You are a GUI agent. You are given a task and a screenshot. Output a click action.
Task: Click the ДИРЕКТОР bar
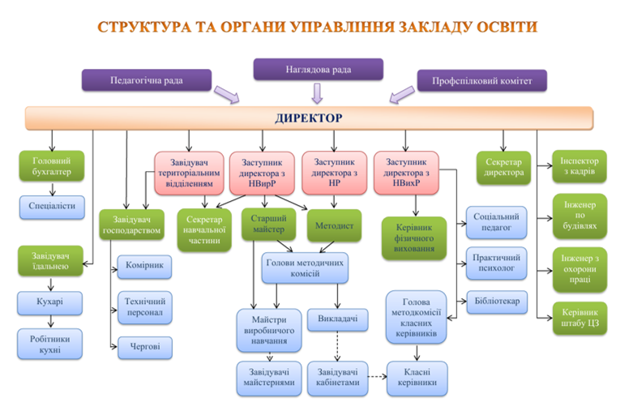(x=308, y=118)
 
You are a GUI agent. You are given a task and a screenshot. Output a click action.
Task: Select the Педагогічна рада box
(x=147, y=79)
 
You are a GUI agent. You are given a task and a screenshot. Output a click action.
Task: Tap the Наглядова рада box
(x=318, y=69)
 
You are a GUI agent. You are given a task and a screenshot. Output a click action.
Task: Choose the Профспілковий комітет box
(x=482, y=80)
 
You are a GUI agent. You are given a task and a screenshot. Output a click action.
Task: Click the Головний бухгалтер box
(x=51, y=167)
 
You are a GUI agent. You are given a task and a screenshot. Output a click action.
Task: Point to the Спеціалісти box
(x=52, y=206)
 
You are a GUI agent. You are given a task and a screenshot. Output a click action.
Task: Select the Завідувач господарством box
(x=130, y=225)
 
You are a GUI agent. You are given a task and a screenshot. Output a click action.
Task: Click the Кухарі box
(x=51, y=303)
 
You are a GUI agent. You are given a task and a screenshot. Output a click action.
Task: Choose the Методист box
(x=333, y=225)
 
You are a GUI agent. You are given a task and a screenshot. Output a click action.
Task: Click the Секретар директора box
(x=503, y=167)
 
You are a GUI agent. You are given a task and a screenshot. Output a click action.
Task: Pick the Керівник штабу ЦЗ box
(x=579, y=319)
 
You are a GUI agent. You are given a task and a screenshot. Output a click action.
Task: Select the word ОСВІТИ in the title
(x=496, y=26)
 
